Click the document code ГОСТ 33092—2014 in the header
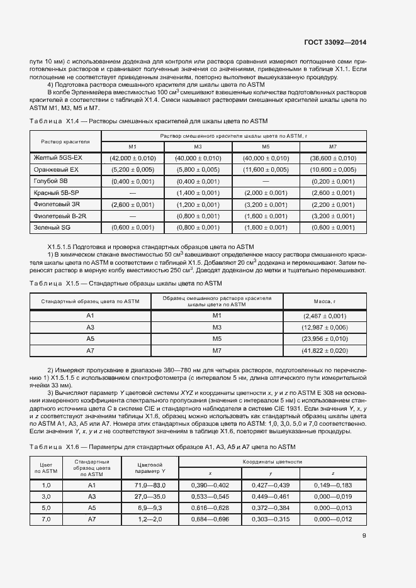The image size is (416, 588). tap(335, 43)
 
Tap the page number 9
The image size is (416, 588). tap(364, 536)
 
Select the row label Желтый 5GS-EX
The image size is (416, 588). tap(57, 158)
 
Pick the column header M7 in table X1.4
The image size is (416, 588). tap(333, 147)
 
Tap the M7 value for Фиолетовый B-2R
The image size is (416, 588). tap(333, 216)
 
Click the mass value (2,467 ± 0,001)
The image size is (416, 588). tap(325, 316)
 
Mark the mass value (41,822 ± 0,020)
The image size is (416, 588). tap(325, 350)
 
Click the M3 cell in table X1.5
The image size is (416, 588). tap(217, 327)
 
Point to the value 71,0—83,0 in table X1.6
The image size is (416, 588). tap(150, 485)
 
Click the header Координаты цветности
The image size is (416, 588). tap(271, 462)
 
